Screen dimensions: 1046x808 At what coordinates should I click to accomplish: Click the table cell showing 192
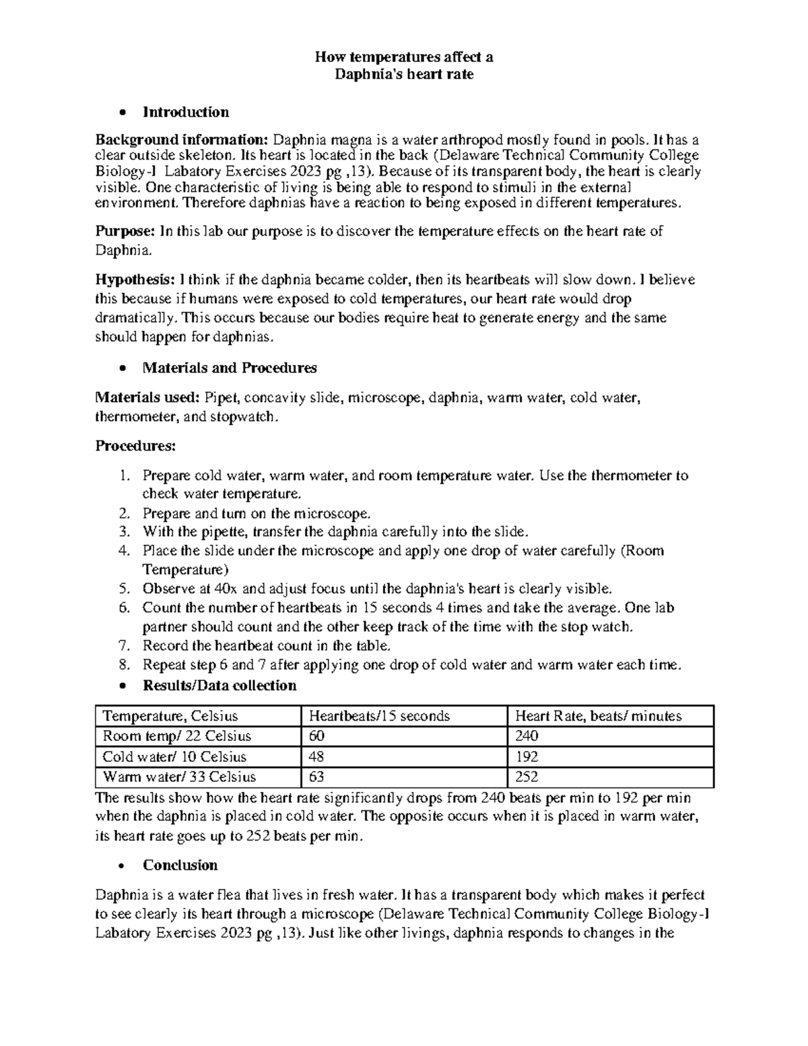tap(527, 756)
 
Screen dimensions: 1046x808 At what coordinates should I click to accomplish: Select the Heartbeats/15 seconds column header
tap(379, 716)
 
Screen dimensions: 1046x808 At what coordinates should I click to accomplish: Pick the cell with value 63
tap(316, 777)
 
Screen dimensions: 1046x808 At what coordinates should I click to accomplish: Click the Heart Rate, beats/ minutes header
tap(598, 716)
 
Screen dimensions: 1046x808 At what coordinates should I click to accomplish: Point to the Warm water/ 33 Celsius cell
tap(179, 777)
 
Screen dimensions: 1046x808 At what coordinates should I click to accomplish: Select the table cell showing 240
tap(527, 736)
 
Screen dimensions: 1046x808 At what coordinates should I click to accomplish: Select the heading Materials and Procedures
tap(230, 368)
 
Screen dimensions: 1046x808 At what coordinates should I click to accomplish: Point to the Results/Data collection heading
tap(220, 686)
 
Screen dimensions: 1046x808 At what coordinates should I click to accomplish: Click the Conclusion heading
tap(180, 865)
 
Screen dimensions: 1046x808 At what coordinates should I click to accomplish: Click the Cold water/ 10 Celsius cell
tap(174, 756)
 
